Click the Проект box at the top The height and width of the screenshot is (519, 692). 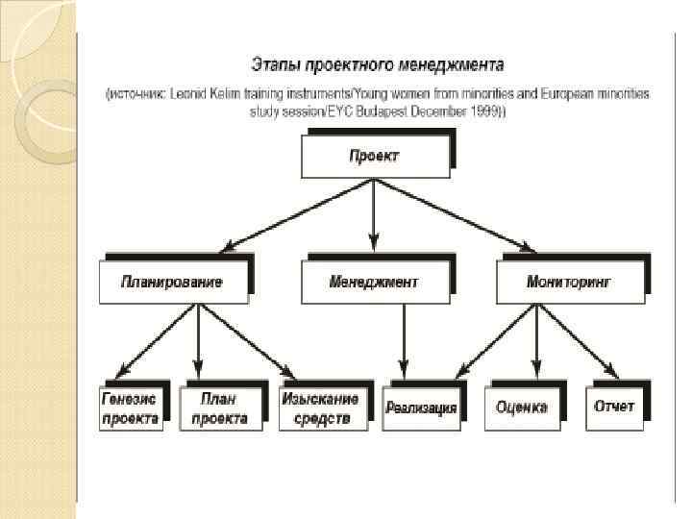(x=374, y=157)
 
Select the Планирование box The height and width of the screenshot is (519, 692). (x=172, y=283)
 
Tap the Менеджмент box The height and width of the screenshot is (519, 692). (x=374, y=283)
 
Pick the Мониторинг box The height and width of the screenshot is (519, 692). (x=570, y=283)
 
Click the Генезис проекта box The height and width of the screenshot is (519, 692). (x=131, y=408)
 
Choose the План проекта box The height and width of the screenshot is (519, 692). (x=220, y=408)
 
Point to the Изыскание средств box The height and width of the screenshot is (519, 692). (x=320, y=408)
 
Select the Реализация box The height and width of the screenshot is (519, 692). (x=421, y=408)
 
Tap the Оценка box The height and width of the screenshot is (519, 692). (x=522, y=408)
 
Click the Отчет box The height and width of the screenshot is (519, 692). (x=614, y=408)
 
